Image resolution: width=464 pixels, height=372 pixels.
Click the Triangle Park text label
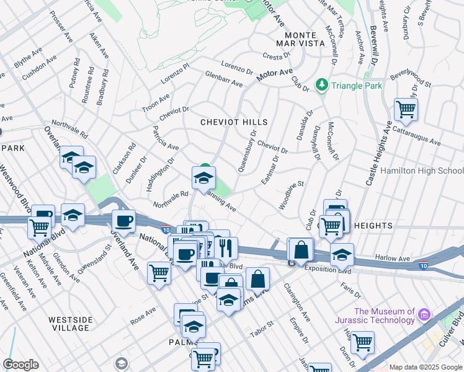357,86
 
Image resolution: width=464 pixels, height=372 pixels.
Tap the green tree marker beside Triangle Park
322,84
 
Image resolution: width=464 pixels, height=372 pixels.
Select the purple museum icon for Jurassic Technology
425,314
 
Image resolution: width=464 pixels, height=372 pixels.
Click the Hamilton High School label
422,171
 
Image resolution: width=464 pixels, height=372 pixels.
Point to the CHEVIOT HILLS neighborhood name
234,123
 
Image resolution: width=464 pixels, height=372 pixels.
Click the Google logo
20,365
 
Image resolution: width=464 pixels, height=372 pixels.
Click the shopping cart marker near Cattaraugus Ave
406,110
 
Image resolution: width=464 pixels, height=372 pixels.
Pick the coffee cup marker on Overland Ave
123,221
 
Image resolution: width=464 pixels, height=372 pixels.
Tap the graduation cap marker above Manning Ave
203,177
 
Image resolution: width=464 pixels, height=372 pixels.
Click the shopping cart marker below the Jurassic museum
362,340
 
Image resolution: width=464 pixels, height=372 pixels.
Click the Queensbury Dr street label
246,151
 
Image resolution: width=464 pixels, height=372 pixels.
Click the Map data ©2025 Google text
425,367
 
